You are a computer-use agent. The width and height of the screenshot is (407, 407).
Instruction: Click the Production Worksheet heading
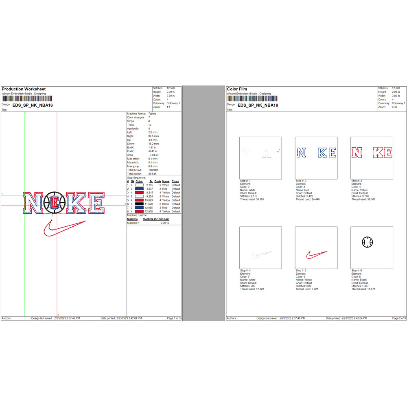pyautogui.click(x=24, y=89)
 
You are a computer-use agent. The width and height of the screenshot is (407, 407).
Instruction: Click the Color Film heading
pyautogui.click(x=237, y=89)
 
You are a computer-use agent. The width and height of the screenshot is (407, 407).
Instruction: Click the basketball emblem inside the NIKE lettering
pyautogui.click(x=54, y=202)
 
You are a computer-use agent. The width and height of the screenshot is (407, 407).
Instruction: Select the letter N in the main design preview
pyautogui.click(x=33, y=203)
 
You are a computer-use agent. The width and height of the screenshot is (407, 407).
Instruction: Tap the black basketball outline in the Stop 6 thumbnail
pyautogui.click(x=367, y=242)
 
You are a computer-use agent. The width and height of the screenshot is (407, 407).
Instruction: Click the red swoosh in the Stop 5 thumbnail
pyautogui.click(x=316, y=255)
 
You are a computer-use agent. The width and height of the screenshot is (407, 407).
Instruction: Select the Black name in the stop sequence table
pyautogui.click(x=166, y=204)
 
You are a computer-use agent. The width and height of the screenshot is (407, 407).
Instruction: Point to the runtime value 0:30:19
pyautogui.click(x=165, y=223)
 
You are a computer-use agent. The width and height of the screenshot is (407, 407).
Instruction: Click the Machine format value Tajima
pyautogui.click(x=152, y=114)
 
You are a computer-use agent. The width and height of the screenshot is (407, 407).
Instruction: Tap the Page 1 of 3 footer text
pyautogui.click(x=174, y=318)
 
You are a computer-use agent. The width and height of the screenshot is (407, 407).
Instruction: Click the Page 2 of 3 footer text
pyautogui.click(x=398, y=318)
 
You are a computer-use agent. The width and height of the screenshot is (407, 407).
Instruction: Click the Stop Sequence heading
pyautogui.click(x=136, y=178)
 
